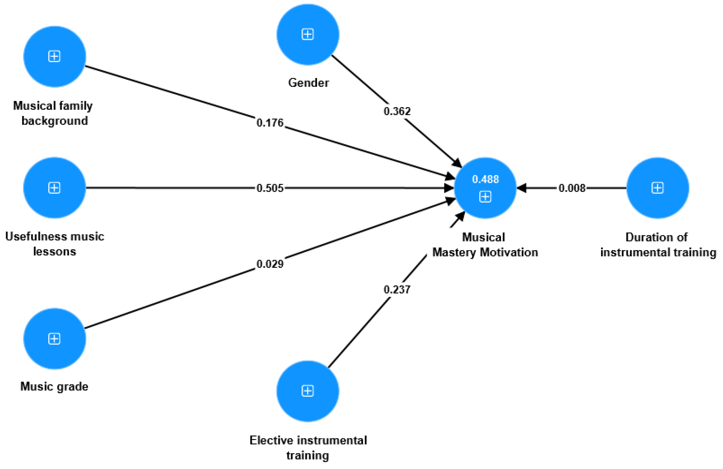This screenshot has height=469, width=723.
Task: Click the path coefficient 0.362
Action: click(397, 111)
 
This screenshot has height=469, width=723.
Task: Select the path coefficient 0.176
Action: click(270, 123)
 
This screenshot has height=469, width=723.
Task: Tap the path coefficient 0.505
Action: click(270, 188)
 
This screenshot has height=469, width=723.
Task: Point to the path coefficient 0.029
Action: click(270, 264)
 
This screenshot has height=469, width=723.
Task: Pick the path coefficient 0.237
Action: click(397, 290)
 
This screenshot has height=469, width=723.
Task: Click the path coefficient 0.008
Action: click(572, 188)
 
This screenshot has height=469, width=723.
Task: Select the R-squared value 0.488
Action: click(485, 179)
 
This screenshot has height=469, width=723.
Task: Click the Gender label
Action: click(308, 83)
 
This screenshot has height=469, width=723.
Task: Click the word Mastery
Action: click(454, 252)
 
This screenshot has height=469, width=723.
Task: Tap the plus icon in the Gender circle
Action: click(307, 34)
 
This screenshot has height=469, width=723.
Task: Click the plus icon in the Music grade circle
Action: click(54, 339)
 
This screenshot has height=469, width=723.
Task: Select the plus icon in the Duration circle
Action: click(657, 188)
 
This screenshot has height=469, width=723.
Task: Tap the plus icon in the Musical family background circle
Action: click(54, 57)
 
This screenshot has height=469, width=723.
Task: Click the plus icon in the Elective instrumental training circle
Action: click(307, 391)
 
